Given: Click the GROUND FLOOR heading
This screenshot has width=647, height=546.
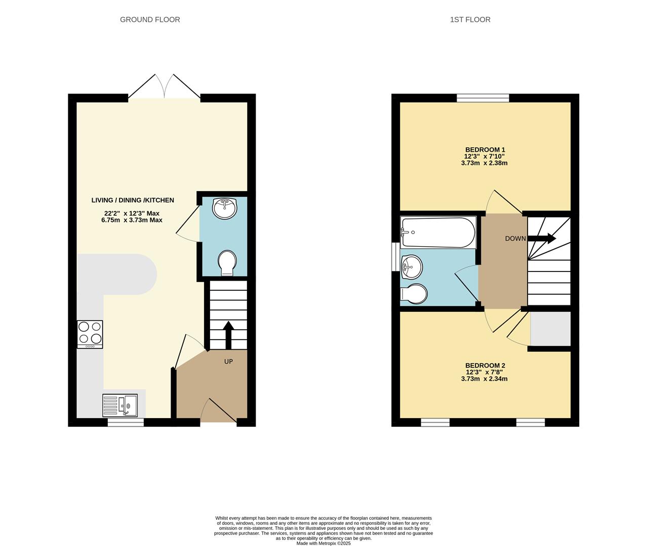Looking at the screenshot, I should pyautogui.click(x=150, y=20).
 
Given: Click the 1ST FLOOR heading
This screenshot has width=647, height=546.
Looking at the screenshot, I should pyautogui.click(x=470, y=20).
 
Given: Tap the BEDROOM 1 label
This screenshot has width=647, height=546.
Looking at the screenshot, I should pyautogui.click(x=485, y=150).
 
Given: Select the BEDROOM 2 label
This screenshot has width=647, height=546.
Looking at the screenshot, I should pyautogui.click(x=485, y=366).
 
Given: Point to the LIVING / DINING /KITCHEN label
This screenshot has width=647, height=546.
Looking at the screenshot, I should pyautogui.click(x=133, y=200).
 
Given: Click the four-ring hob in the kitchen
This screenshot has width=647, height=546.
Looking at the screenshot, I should pyautogui.click(x=90, y=334).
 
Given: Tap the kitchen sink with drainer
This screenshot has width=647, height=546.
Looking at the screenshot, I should pyautogui.click(x=120, y=405).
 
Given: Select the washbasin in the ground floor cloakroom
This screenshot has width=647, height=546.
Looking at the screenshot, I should pyautogui.click(x=225, y=208).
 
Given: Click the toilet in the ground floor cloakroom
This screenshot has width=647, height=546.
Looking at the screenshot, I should pyautogui.click(x=227, y=263).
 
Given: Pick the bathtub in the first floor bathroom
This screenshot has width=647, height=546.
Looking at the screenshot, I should pyautogui.click(x=438, y=233).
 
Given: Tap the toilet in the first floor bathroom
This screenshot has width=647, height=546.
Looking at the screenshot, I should pyautogui.click(x=414, y=294).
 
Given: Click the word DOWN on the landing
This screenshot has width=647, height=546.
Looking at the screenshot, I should pyautogui.click(x=515, y=239).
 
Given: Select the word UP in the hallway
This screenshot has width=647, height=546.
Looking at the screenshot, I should pyautogui.click(x=228, y=361).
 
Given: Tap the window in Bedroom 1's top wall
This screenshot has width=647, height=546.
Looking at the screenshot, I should pyautogui.click(x=483, y=98).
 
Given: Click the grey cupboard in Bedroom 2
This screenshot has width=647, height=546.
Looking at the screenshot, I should pyautogui.click(x=550, y=329).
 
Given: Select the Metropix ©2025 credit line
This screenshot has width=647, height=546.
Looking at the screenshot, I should pyautogui.click(x=323, y=543).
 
